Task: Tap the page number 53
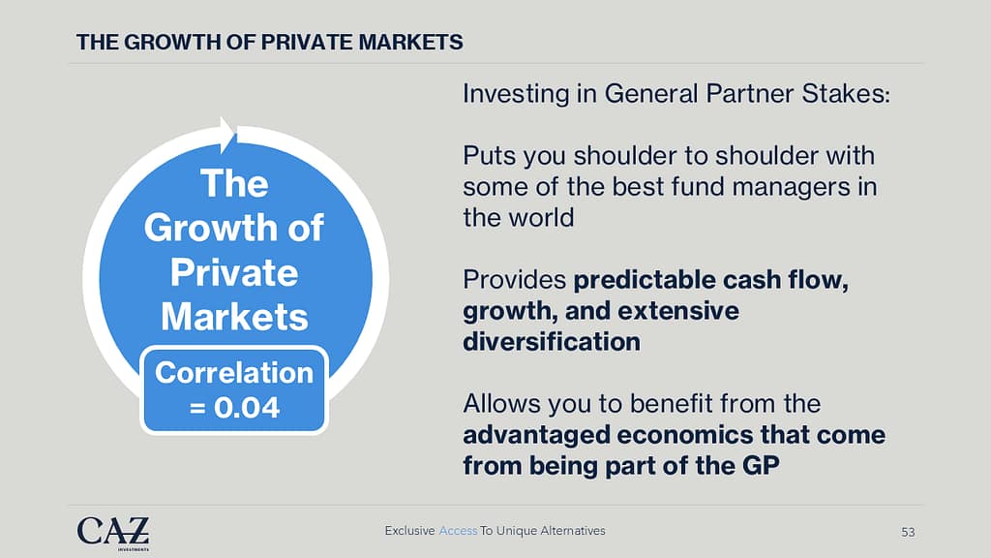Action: (908, 532)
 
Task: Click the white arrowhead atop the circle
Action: (228, 135)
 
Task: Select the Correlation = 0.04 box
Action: (234, 390)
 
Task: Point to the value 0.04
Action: (247, 408)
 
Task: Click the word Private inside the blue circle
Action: (234, 273)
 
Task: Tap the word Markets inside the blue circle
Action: (234, 317)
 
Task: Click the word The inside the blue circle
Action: (234, 183)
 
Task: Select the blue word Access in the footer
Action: (458, 531)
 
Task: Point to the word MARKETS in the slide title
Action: (410, 43)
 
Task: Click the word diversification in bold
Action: (552, 342)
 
